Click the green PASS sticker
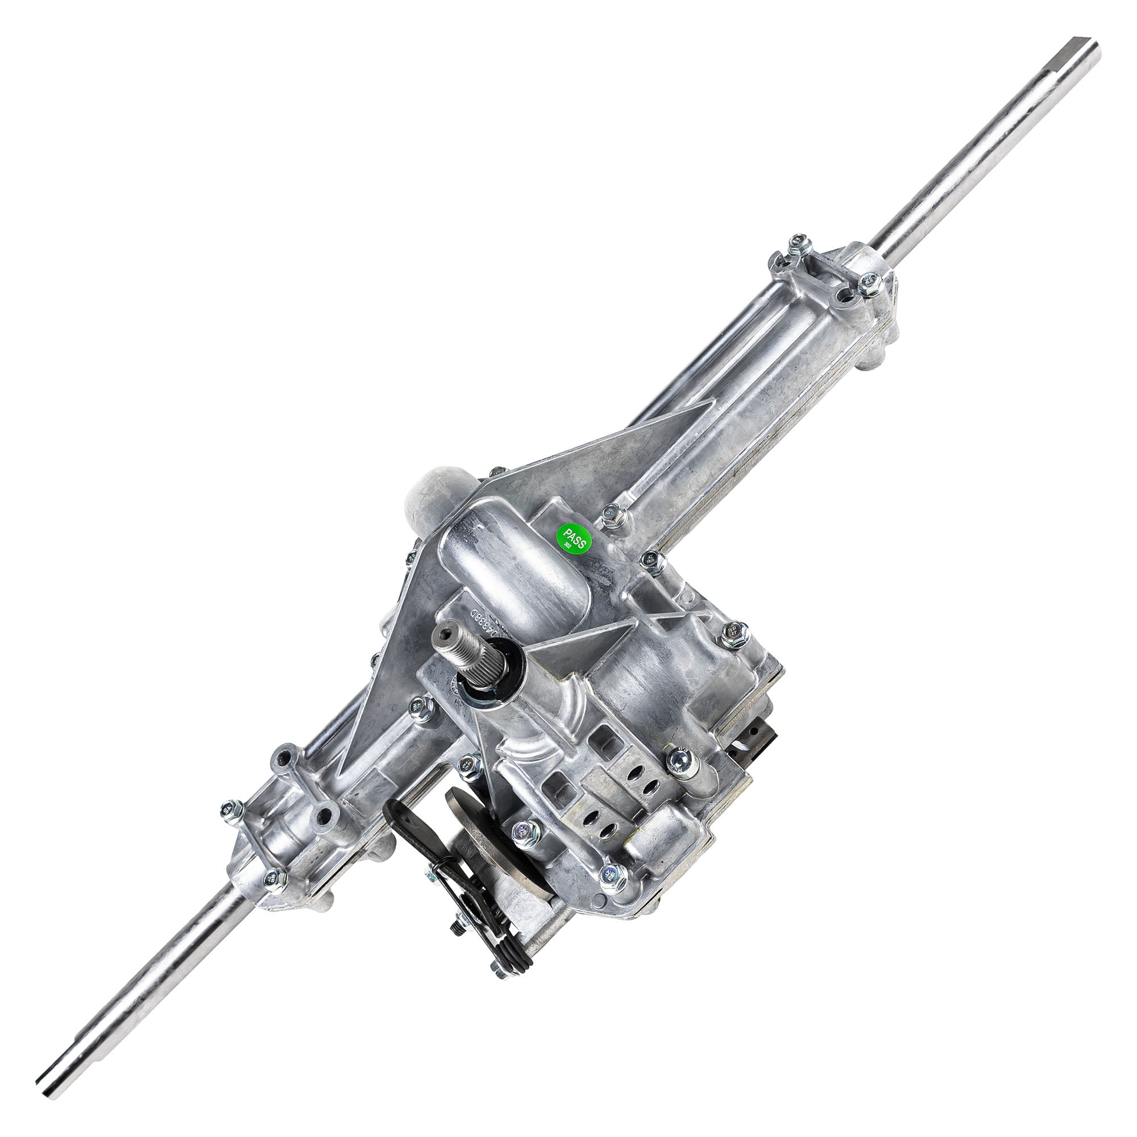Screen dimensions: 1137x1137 click(x=573, y=537)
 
